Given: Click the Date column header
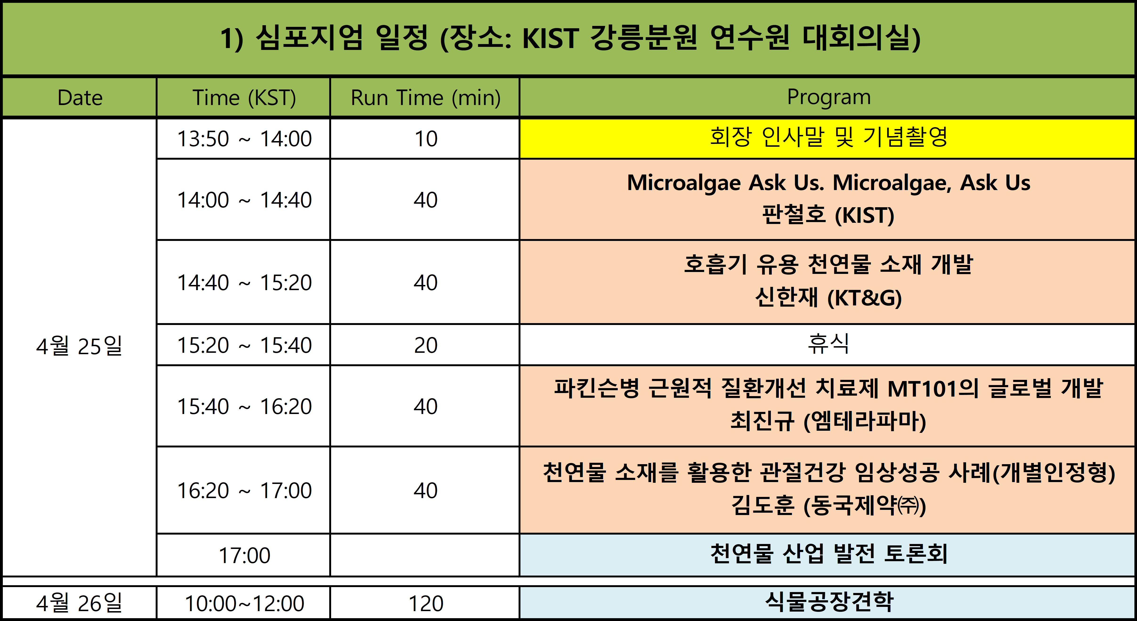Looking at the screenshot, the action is (x=80, y=97).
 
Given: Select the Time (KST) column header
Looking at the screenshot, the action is (x=244, y=97).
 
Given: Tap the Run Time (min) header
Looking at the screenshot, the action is (x=426, y=97).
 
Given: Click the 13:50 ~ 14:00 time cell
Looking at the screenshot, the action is (x=244, y=138).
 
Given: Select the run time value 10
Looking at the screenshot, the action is (x=426, y=138).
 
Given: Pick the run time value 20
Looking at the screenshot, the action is (x=426, y=345).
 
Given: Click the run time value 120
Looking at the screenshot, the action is (x=426, y=603).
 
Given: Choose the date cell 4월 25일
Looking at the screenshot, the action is (x=79, y=346).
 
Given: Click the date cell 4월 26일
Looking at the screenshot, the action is (x=79, y=603).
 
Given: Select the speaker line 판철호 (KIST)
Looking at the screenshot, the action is (x=828, y=215).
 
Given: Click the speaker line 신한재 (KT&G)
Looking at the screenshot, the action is (x=828, y=297).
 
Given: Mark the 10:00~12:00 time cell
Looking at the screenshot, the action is (x=244, y=603).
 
